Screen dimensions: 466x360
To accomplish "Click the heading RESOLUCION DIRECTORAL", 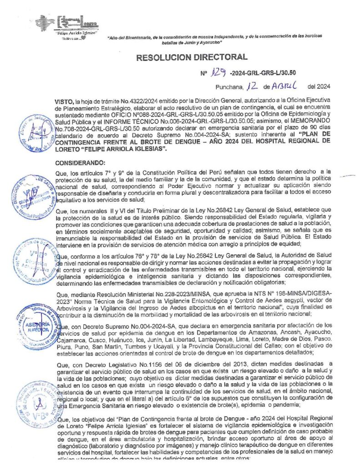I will pyautogui.click(x=192, y=57).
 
